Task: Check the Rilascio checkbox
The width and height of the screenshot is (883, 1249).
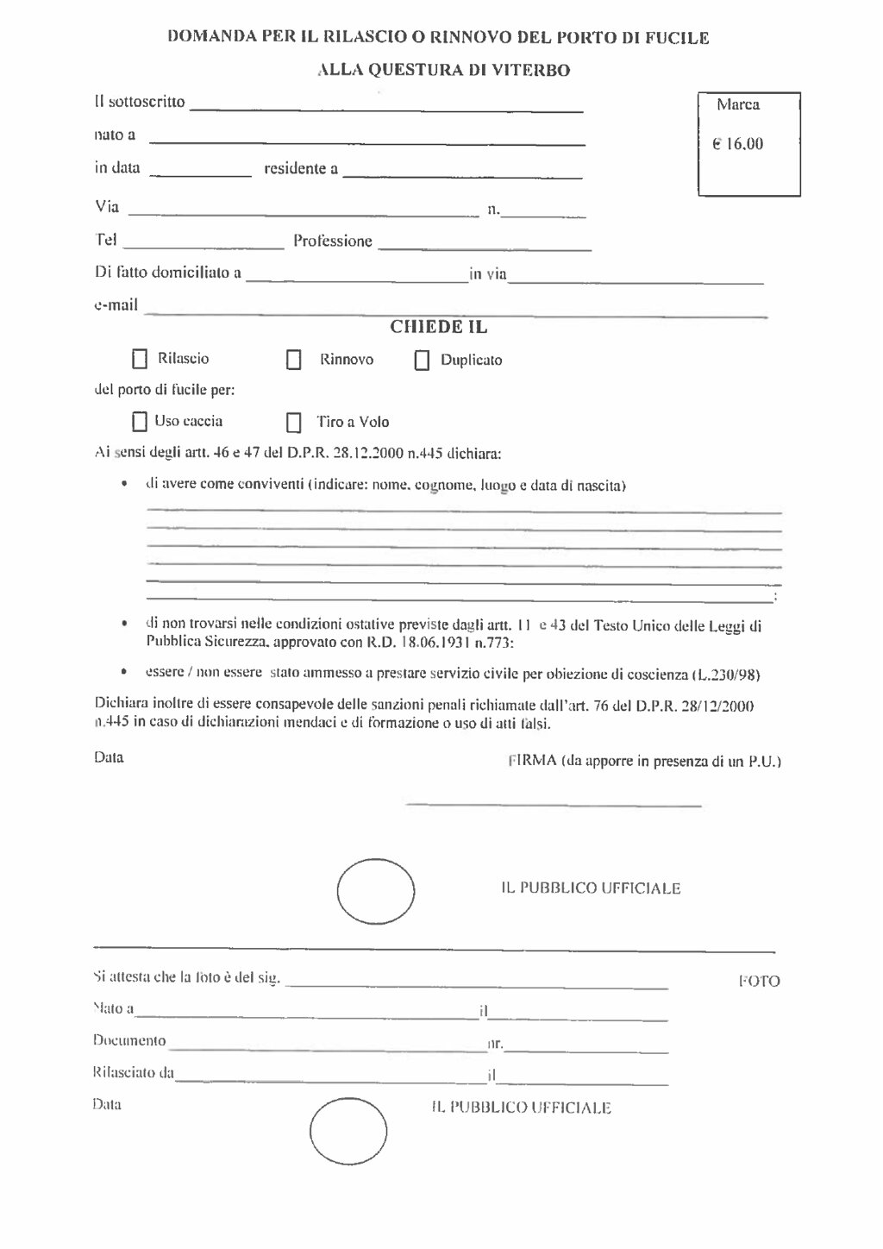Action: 140,359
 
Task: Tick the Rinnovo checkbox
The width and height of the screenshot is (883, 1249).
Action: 294,360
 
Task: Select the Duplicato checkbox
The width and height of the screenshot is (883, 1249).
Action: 422,361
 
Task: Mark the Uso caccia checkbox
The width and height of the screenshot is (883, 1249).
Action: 140,422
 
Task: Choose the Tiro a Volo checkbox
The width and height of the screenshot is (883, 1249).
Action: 294,423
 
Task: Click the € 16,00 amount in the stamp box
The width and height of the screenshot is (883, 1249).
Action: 737,144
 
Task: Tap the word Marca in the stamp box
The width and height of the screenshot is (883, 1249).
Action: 737,105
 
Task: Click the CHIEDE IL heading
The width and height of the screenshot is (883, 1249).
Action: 439,327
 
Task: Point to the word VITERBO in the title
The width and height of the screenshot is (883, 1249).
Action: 530,71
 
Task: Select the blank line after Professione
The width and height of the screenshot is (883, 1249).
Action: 485,247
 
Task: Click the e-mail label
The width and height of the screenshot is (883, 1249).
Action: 116,304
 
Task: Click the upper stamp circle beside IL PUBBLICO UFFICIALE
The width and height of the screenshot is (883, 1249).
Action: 375,891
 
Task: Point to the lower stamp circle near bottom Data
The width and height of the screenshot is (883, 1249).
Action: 348,1131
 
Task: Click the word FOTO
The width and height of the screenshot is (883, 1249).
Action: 759,981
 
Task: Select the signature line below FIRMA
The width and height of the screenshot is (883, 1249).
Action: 553,805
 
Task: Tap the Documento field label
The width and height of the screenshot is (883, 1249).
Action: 128,1040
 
